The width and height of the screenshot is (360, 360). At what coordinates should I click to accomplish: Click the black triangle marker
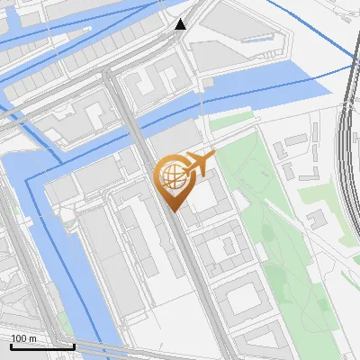(181, 24)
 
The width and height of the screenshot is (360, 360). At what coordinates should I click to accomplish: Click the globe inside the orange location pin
(172, 175)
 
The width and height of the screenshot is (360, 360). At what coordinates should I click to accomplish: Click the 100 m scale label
(23, 337)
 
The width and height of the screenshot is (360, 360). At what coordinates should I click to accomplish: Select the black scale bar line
(41, 346)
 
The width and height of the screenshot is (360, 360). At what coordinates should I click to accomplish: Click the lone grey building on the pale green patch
(316, 219)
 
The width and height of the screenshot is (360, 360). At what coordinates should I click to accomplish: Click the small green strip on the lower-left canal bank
(66, 319)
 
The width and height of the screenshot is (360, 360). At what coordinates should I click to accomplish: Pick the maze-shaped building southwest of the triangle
(148, 85)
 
